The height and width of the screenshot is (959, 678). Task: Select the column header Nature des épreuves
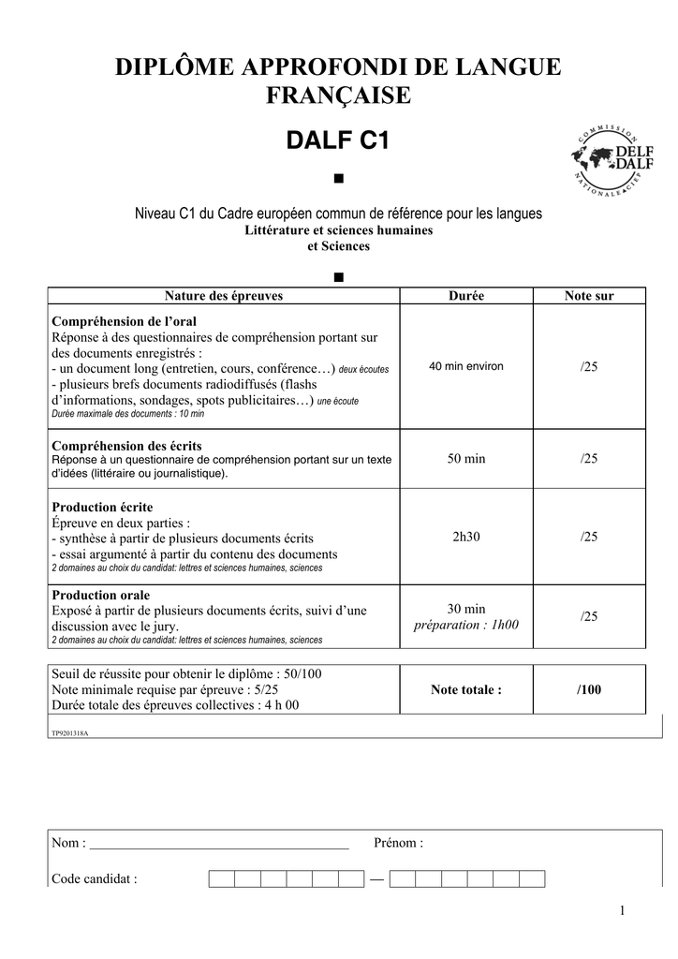[224, 296]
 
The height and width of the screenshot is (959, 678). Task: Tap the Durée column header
[466, 296]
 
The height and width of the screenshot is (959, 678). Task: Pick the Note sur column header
[589, 296]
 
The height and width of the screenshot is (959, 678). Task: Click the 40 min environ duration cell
[466, 366]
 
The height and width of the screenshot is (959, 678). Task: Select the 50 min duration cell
[466, 459]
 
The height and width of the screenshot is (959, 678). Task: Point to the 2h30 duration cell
[466, 537]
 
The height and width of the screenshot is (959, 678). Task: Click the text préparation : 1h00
[466, 625]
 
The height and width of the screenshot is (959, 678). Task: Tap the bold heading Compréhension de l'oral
[124, 321]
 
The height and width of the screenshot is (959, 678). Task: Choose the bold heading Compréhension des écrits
[126, 446]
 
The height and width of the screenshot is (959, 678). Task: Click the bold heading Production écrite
[102, 507]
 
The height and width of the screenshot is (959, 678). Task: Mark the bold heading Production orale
[100, 596]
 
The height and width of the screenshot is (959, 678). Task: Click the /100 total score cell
[589, 690]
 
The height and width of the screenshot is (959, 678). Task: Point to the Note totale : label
[466, 690]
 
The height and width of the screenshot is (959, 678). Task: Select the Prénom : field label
[398, 843]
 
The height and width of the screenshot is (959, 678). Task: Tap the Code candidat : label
[95, 878]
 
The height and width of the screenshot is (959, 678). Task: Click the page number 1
[621, 911]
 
